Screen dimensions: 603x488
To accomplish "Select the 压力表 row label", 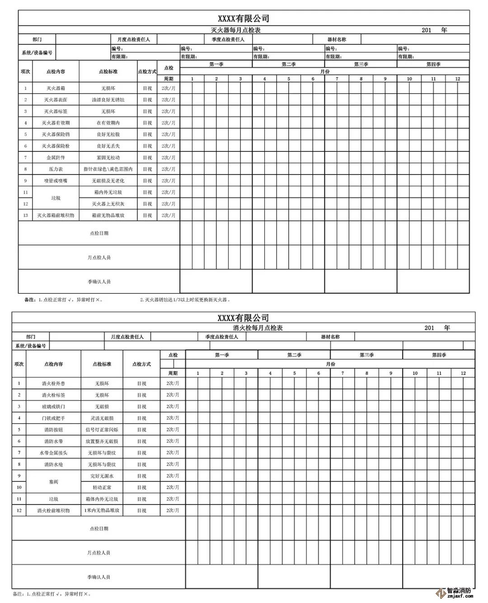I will tap(56, 169).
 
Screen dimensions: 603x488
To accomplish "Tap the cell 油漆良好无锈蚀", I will tap(108, 100).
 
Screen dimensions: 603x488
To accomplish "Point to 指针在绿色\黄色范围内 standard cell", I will tap(108, 169).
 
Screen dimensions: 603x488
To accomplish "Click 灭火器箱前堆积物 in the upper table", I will tap(56, 216).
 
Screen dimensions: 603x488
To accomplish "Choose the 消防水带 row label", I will tap(53, 441).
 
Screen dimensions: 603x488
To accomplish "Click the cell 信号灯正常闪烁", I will tap(102, 430).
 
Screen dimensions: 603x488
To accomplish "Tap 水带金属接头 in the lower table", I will tap(53, 453).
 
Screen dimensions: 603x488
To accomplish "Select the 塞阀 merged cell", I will tap(53, 482).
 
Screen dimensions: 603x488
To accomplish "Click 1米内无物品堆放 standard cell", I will tap(102, 511).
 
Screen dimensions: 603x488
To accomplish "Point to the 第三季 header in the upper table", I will tap(361, 64).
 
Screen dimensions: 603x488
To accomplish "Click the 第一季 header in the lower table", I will tap(222, 355).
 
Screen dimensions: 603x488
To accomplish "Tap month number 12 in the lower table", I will tap(463, 373).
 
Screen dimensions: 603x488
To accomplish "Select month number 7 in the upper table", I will tap(337, 79).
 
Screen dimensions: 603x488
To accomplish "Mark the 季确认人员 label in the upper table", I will tap(99, 282).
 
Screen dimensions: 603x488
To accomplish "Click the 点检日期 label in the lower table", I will tap(99, 528).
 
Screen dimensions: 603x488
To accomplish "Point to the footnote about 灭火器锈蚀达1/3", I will tap(185, 300).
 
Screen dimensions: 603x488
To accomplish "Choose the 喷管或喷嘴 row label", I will tap(56, 181).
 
